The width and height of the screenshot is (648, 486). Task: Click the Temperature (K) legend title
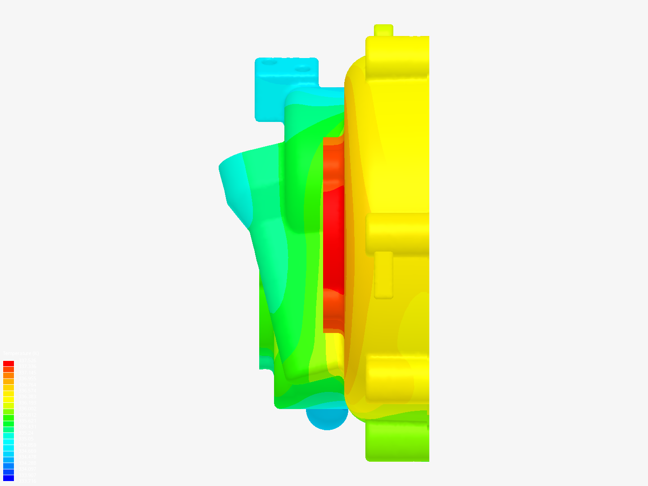21,354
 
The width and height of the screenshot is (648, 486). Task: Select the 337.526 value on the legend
27,361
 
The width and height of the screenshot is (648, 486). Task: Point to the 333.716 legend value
27,481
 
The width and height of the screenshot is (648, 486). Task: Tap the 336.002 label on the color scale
27,409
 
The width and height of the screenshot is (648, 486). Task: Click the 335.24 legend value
27,433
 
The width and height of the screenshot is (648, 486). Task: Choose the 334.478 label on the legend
27,457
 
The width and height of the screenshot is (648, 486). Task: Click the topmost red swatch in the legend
9,364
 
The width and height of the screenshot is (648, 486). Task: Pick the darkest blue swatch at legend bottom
9,478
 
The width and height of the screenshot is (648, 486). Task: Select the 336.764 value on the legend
27,385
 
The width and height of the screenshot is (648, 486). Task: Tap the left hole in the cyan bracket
269,63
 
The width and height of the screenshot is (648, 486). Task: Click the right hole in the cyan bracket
302,69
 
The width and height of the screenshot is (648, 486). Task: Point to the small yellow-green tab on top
383,30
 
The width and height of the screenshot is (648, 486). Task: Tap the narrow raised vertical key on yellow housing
383,274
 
